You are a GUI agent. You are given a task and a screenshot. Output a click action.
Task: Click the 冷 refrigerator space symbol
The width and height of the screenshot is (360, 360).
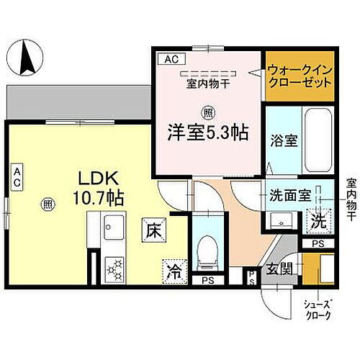pos(174,270)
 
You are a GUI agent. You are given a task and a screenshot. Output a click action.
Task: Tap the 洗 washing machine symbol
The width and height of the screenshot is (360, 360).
pos(317,222)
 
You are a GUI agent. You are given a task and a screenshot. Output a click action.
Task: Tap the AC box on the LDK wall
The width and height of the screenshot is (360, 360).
pos(15,178)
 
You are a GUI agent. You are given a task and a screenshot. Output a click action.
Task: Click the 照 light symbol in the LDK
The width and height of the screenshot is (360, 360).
pos(48,204)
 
